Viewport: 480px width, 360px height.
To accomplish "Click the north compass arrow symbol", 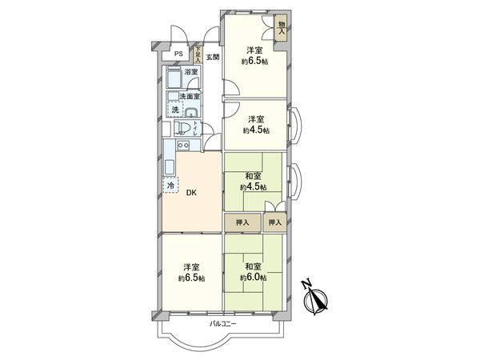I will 318,297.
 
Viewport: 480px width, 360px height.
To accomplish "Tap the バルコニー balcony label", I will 225,324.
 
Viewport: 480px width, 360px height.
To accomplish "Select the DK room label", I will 191,193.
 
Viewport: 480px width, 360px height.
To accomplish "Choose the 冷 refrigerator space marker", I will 170,185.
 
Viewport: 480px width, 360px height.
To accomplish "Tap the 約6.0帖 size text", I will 254,278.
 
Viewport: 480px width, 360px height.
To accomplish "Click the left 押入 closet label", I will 242,222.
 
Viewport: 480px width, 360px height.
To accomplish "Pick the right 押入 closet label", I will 275,222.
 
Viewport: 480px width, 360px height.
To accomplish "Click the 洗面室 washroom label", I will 190,96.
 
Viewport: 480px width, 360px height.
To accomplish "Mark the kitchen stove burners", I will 182,146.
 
